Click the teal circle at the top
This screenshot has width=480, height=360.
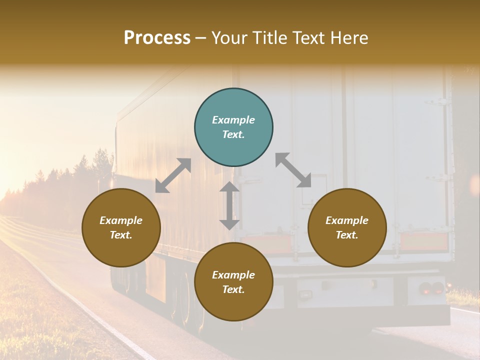[x=233, y=127]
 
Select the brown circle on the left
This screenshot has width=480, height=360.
[x=121, y=228]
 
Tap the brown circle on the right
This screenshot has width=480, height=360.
[x=347, y=228]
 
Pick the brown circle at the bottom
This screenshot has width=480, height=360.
[x=233, y=282]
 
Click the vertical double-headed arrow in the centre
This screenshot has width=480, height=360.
[x=229, y=205]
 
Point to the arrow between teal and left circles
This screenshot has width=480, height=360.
[x=173, y=175]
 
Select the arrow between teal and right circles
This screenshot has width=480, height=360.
[x=293, y=170]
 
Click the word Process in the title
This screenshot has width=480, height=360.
[x=157, y=37]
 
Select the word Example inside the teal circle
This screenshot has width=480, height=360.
[x=233, y=120]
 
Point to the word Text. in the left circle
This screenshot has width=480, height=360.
[x=121, y=235]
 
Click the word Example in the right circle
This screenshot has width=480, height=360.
[x=347, y=220]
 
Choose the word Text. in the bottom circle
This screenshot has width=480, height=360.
[x=233, y=289]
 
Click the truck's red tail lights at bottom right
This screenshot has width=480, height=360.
[x=431, y=288]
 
